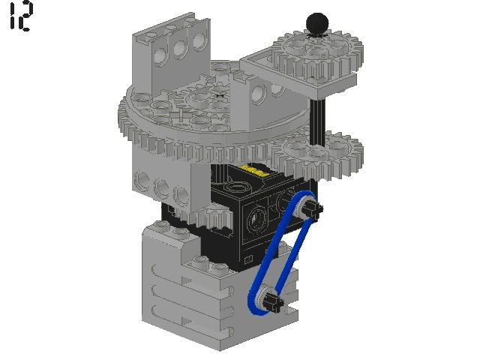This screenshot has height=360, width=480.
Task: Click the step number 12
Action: click(x=20, y=16)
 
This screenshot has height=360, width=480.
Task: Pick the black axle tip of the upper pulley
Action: click(x=314, y=209)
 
